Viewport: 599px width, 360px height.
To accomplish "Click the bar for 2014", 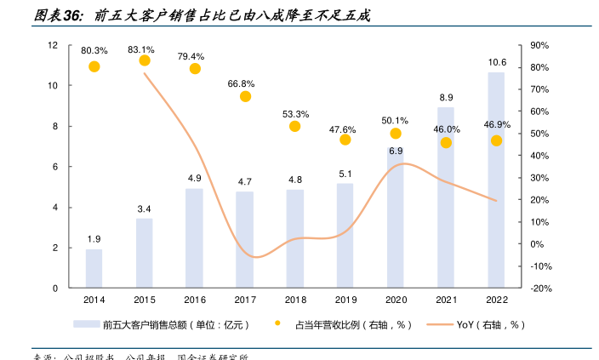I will [94, 268].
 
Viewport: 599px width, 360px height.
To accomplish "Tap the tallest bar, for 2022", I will [496, 180].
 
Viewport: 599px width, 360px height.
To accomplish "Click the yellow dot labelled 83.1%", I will [145, 60].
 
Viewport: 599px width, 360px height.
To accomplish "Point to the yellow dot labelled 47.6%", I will [345, 140].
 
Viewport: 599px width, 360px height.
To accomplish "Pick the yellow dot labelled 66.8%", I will [245, 96].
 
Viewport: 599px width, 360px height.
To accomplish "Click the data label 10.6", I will [497, 62].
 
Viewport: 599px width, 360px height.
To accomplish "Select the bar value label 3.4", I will [145, 209].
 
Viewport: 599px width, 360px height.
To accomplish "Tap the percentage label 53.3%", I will [295, 114].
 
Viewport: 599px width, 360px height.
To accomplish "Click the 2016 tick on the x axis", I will [195, 300].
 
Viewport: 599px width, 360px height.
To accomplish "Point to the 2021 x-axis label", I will [446, 300].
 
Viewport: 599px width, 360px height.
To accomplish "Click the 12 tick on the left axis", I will [53, 45].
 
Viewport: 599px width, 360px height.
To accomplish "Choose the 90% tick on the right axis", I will [539, 45].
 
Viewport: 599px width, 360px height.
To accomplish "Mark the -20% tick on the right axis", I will [539, 289].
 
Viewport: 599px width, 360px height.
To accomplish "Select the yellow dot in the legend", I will [277, 324].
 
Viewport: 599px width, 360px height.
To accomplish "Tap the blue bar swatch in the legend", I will [86, 324].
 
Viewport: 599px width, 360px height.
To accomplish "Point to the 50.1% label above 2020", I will [396, 120].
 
